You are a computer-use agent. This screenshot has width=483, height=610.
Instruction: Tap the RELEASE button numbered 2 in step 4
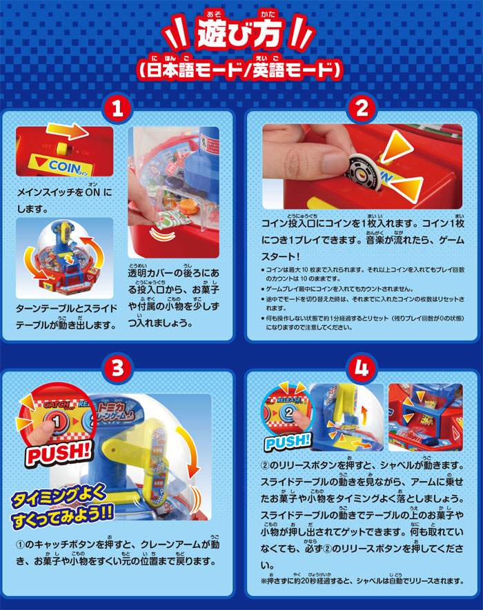pos(285,415)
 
